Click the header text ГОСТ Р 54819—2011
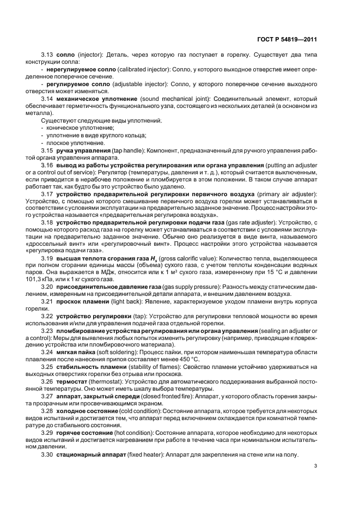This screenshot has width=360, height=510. pos(288,39)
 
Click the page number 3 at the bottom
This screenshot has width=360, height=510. pos(315,465)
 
